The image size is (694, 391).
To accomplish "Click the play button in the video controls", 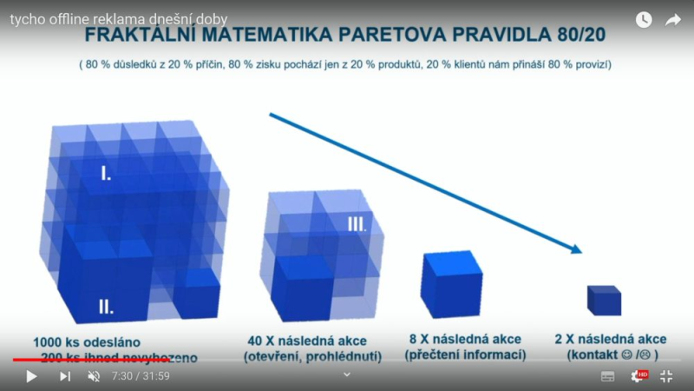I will click(31, 376).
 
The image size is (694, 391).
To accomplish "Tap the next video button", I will click(65, 376).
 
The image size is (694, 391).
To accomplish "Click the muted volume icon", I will click(95, 376).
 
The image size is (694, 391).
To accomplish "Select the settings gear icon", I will click(638, 376).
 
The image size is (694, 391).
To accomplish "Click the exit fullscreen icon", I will click(666, 376).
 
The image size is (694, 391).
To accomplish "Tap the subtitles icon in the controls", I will click(608, 376).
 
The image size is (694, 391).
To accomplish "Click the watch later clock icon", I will click(643, 20).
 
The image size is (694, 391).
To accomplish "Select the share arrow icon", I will click(673, 20).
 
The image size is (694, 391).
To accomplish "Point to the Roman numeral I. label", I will click(106, 174).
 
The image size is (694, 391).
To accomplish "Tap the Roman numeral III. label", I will click(357, 223).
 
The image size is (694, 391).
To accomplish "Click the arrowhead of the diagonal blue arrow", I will click(576, 250).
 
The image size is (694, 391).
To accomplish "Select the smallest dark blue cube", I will click(604, 300).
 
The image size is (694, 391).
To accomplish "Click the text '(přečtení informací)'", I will click(465, 355).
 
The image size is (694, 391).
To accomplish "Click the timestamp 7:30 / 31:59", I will click(141, 376).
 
